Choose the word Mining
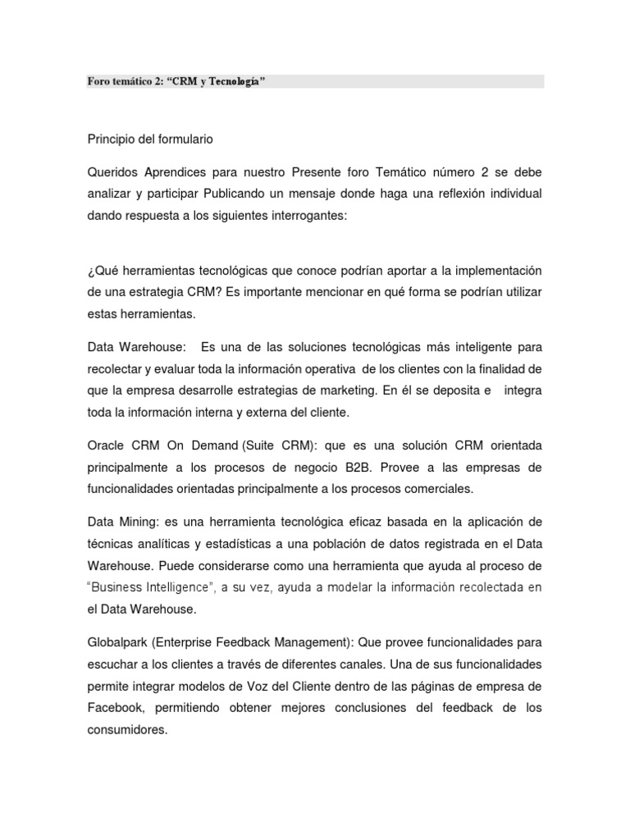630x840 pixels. click(143, 523)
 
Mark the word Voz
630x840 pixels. click(263, 685)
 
